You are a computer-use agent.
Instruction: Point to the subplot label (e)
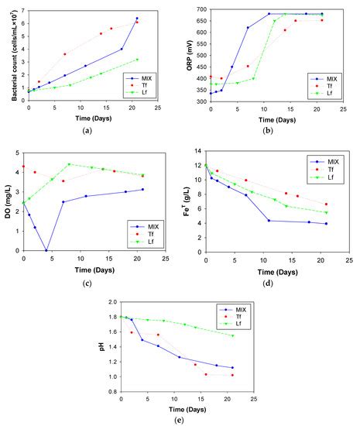click(x=183, y=421)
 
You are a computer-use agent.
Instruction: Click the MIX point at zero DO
click(x=46, y=250)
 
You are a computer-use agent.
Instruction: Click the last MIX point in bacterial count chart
click(x=137, y=19)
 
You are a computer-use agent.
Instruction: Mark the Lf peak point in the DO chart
click(x=69, y=164)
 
